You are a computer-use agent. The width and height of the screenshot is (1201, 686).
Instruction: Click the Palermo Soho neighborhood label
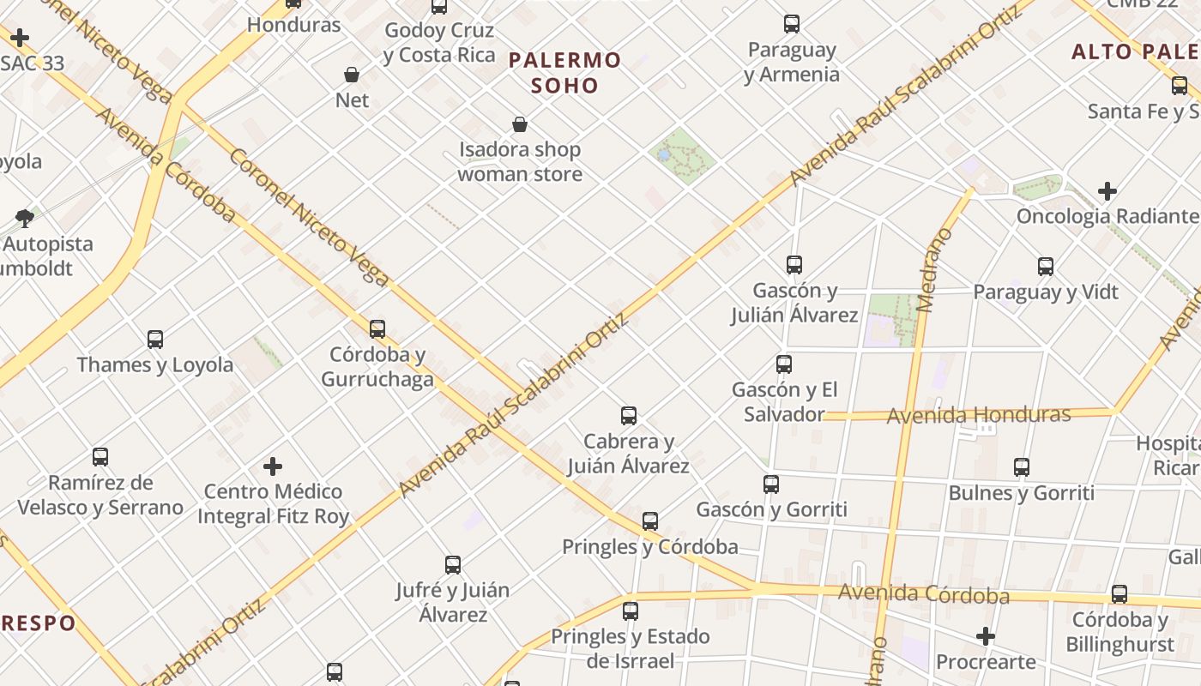click(564, 72)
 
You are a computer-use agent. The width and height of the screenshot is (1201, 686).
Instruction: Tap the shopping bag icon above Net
click(352, 75)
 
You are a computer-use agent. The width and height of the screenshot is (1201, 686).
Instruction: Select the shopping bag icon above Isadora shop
click(519, 124)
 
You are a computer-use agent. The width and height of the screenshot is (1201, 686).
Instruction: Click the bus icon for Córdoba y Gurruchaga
click(377, 328)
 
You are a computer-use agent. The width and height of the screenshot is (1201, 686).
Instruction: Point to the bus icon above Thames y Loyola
click(155, 339)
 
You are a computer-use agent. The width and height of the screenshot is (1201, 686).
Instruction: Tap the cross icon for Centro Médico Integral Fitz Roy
click(273, 466)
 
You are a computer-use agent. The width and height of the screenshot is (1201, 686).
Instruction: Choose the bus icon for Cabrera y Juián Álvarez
click(629, 416)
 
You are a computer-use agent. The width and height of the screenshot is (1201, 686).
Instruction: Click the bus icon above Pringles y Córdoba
click(650, 521)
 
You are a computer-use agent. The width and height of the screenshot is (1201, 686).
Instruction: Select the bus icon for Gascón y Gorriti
click(771, 484)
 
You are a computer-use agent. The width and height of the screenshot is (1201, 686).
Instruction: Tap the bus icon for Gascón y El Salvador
click(783, 364)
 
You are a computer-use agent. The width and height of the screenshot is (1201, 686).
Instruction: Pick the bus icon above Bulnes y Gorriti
click(1021, 467)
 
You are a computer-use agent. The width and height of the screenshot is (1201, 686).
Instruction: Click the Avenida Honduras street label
click(978, 415)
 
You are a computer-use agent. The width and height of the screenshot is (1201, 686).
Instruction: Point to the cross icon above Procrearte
click(986, 636)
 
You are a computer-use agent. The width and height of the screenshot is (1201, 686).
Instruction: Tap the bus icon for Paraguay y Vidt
click(1045, 267)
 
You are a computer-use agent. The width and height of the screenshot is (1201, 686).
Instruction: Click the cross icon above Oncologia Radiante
click(1107, 190)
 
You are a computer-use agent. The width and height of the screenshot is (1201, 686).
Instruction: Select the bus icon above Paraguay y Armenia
click(792, 24)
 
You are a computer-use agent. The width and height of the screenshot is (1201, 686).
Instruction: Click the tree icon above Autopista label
click(25, 218)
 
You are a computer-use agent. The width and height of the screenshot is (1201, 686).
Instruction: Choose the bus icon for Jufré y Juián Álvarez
click(453, 565)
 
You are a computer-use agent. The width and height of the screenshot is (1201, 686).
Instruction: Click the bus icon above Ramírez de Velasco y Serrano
click(100, 457)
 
